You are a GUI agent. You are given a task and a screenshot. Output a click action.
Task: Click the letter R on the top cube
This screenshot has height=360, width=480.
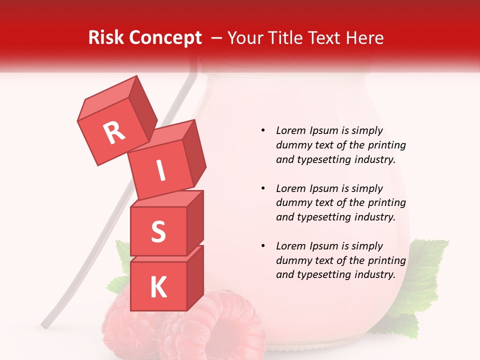click(x=114, y=132)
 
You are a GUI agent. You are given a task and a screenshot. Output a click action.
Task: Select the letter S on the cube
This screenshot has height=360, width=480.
click(x=158, y=231)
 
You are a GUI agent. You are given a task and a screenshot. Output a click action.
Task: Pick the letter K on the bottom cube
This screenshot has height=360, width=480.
click(x=158, y=287)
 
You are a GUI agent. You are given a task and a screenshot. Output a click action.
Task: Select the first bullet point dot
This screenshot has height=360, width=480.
click(x=263, y=130)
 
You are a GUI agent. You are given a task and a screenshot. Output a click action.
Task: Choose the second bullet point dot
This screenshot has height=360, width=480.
click(x=263, y=188)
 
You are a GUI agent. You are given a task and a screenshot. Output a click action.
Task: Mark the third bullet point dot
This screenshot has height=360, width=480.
click(x=263, y=246)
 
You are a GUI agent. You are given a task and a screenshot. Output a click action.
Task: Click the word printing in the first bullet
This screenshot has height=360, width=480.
click(x=387, y=145)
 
